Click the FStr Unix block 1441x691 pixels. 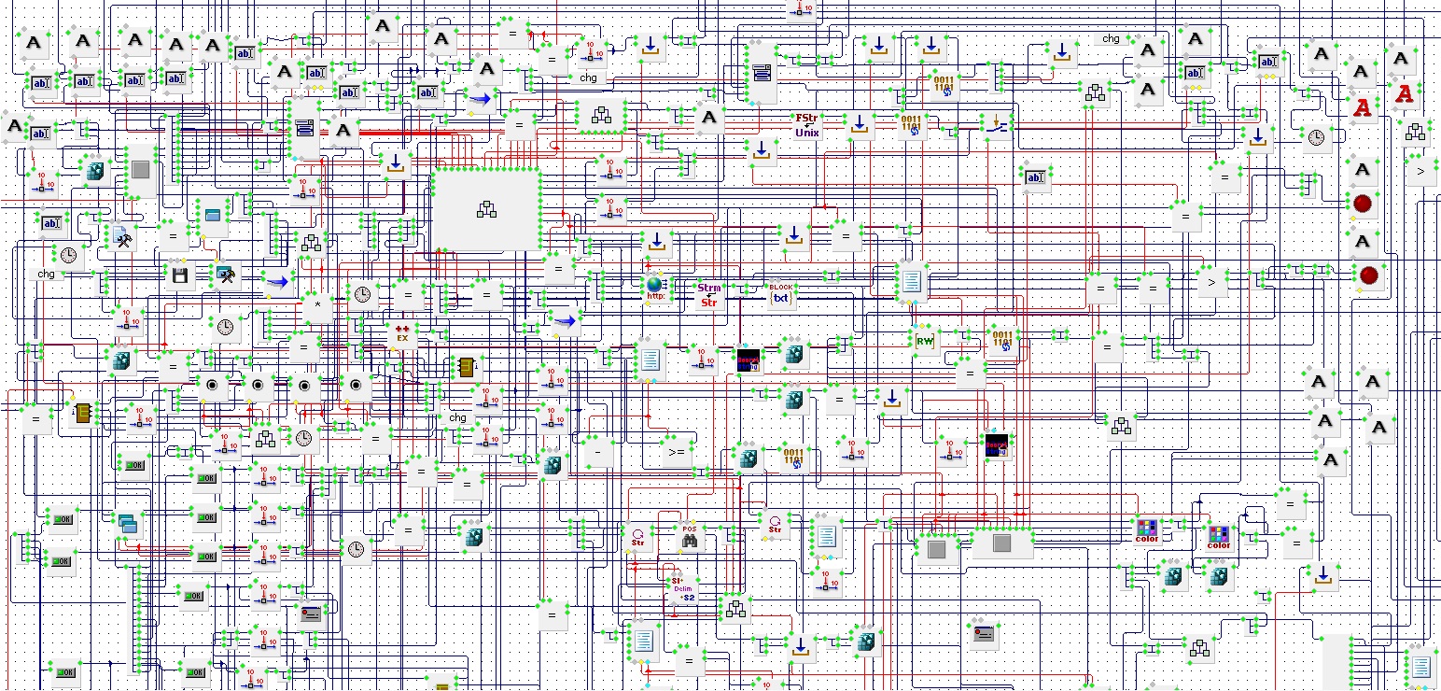[806, 125]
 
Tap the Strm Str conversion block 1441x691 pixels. [710, 295]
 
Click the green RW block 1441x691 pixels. [925, 342]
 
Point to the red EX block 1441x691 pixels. [402, 334]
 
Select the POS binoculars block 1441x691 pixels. [690, 535]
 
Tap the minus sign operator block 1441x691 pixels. [597, 451]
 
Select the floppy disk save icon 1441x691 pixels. [181, 275]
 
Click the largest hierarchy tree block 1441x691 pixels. [486, 209]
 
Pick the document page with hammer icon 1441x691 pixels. [123, 237]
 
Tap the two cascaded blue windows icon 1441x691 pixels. [127, 524]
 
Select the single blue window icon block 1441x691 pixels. [214, 216]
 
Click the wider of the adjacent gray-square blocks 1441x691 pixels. [1001, 543]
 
